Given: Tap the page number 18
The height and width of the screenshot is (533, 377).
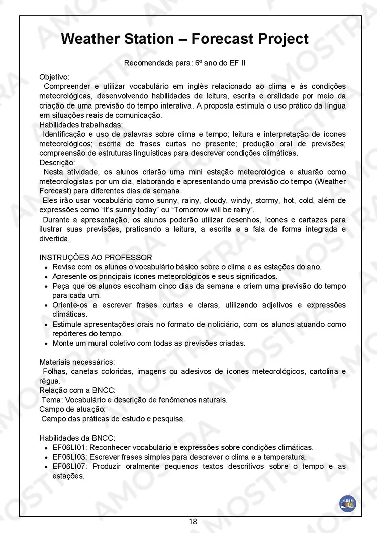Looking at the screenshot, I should point(193,522).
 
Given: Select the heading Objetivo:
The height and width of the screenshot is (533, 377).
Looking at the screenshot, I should point(54,77).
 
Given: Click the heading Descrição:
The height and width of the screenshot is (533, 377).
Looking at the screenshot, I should point(57,163).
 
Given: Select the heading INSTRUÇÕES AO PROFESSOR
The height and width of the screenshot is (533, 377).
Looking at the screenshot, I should point(96,258).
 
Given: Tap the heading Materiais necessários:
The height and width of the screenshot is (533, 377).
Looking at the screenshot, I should point(76,362).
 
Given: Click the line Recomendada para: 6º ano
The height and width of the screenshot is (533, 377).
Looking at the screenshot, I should point(184,63).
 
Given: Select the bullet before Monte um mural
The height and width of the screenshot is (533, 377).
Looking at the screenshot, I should point(46,344).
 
